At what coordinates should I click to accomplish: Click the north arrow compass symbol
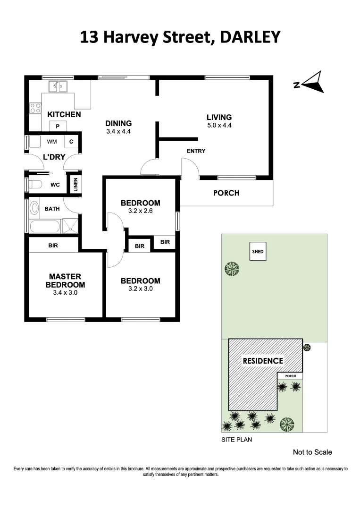coord(310,84)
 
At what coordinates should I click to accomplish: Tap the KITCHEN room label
coord(64,114)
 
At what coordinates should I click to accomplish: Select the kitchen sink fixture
coord(59,86)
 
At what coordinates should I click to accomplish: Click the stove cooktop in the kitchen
coord(35,108)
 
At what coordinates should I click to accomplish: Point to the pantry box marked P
coord(58,126)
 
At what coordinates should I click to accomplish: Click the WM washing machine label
coord(52,141)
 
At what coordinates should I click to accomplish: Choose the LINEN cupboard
coord(75,185)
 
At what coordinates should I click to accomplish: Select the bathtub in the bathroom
coord(44,226)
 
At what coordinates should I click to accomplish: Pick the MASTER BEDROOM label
coord(65,280)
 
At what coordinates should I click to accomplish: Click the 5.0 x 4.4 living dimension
coord(219,126)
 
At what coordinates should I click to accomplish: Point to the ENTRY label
coord(196,151)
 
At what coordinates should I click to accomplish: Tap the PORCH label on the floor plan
coord(226,193)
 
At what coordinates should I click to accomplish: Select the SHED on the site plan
coord(257,251)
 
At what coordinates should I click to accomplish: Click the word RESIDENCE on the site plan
coord(263,361)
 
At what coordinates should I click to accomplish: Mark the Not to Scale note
coord(312,452)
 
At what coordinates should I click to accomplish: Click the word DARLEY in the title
coord(248,37)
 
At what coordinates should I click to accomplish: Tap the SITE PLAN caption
coord(237,439)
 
